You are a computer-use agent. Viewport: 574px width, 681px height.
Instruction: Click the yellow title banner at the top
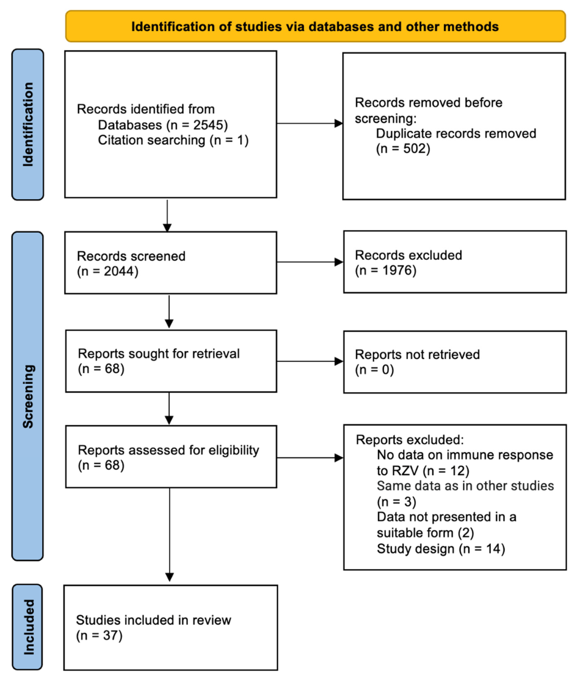[x=315, y=26]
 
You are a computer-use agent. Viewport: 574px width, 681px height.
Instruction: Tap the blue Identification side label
[x=28, y=124]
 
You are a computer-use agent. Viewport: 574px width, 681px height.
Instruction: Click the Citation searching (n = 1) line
[x=173, y=140]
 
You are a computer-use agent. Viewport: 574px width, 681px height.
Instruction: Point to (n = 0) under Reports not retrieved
[x=374, y=370]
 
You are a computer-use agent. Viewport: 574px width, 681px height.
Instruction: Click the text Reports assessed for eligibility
[x=168, y=450]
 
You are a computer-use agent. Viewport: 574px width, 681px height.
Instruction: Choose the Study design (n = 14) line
[x=441, y=549]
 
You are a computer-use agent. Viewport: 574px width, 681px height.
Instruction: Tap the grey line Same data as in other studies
[x=465, y=486]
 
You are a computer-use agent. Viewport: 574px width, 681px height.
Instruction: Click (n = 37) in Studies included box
[x=99, y=635]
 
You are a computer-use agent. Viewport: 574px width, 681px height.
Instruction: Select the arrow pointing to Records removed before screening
[x=338, y=123]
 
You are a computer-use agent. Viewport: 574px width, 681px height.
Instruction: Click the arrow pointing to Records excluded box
[x=338, y=262]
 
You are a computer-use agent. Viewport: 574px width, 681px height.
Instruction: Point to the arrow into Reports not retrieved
[x=338, y=361]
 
